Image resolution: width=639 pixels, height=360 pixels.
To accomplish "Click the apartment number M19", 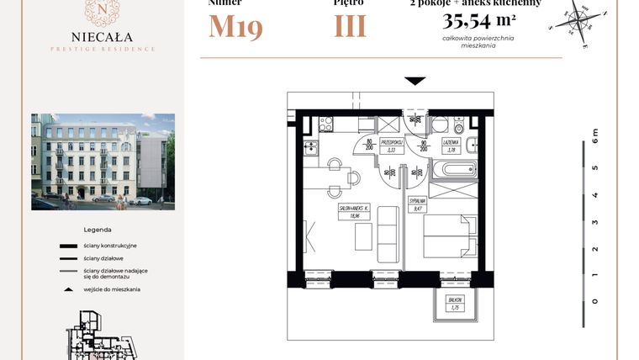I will click(x=235, y=27).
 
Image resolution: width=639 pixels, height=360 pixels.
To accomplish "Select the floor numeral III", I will click(x=350, y=27).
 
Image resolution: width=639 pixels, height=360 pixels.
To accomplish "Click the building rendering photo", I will click(x=103, y=161).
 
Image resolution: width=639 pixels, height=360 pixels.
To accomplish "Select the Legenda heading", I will click(x=98, y=230).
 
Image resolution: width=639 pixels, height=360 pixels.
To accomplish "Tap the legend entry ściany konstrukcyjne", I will click(x=109, y=245).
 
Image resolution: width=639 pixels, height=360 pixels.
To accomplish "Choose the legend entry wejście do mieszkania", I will click(x=112, y=289).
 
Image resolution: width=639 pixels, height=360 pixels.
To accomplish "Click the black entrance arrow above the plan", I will click(x=415, y=82).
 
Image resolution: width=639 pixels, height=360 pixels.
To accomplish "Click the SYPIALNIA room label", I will click(x=417, y=203).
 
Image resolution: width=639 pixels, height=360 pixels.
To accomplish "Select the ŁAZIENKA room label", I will click(x=451, y=143).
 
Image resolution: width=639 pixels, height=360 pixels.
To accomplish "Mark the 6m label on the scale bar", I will click(x=594, y=134).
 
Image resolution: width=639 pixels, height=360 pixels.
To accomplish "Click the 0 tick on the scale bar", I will click(x=594, y=300).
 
